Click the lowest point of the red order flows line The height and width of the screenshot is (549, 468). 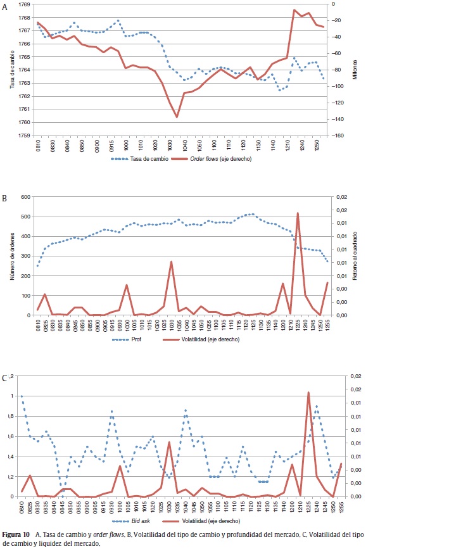coord(177,117)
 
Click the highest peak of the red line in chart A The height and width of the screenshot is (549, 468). coord(294,10)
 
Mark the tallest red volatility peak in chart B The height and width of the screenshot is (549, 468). coord(298,213)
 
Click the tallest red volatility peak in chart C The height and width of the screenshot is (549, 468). coord(308,393)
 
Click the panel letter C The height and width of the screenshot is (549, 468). coord(4,378)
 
